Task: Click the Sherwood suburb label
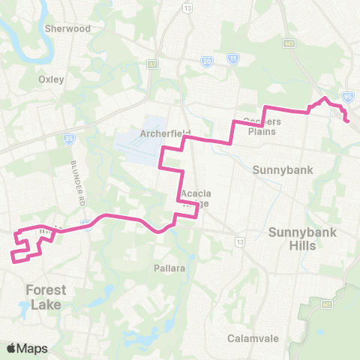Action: [67, 28]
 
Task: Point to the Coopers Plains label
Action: [260, 127]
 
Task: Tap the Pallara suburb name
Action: [169, 268]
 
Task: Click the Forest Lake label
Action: [46, 297]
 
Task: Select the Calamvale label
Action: [248, 337]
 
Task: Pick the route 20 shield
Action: [207, 61]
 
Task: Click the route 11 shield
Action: [233, 58]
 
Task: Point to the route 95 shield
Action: [347, 96]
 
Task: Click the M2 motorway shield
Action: [326, 304]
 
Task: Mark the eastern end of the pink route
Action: [347, 120]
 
